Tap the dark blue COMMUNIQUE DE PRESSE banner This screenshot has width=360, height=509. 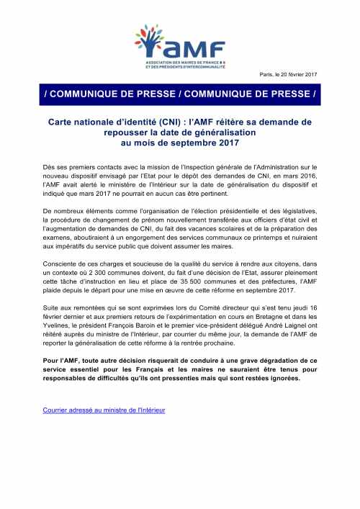pyautogui.click(x=180, y=94)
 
